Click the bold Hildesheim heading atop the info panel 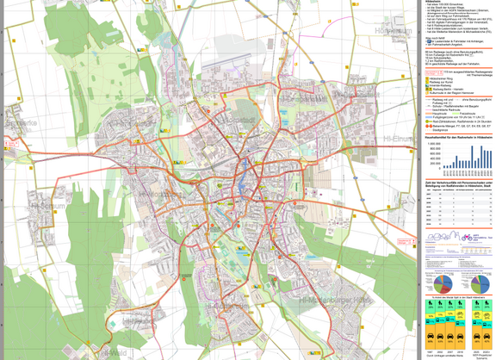(x=436, y=3)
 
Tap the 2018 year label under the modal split (x=461, y=352)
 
